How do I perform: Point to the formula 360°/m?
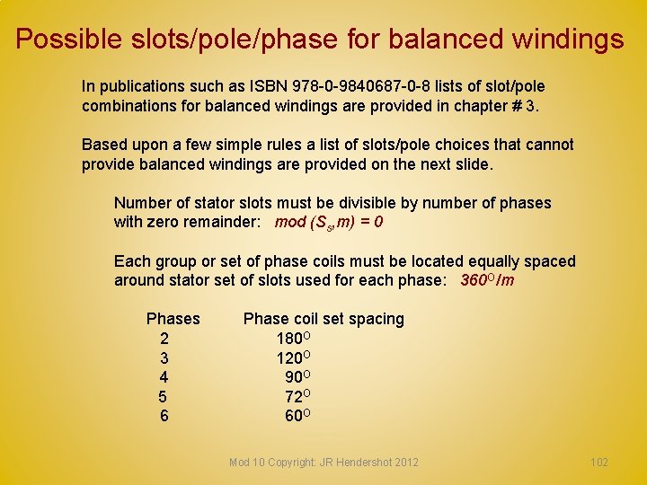(x=487, y=280)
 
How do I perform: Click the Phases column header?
(x=173, y=319)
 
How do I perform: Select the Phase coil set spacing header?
(x=323, y=319)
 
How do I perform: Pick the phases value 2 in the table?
(x=164, y=339)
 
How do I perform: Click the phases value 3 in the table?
(x=164, y=357)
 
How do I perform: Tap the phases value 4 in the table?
(x=164, y=377)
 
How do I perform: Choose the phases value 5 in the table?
(x=163, y=396)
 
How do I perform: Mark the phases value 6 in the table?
(x=164, y=416)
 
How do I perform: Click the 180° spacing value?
(x=294, y=339)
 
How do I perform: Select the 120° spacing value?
(x=294, y=357)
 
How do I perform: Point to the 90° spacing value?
(x=297, y=377)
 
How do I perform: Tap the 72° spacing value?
(x=297, y=396)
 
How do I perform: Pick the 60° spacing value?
(x=297, y=416)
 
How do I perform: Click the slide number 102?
(x=598, y=463)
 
